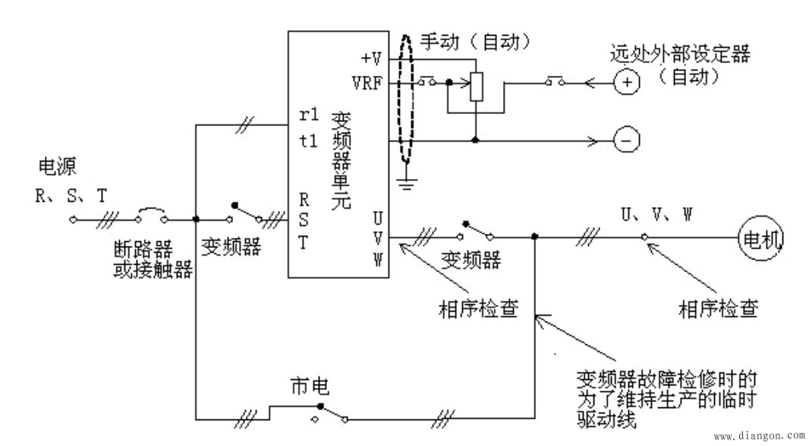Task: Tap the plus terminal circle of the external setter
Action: pyautogui.click(x=626, y=82)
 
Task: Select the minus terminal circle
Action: pyautogui.click(x=626, y=141)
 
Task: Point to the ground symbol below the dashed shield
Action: pyautogui.click(x=408, y=181)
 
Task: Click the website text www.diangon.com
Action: pyautogui.click(x=758, y=436)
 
